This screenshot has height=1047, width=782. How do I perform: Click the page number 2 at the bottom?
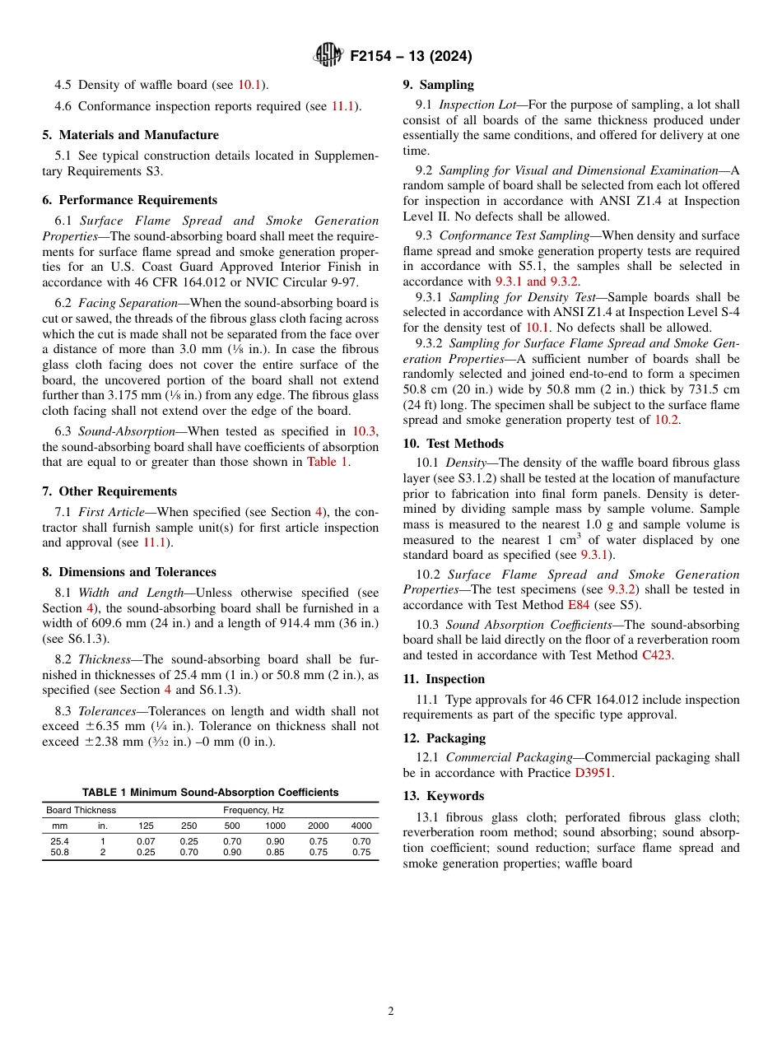click(391, 1012)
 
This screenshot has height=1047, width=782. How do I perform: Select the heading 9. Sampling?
click(438, 85)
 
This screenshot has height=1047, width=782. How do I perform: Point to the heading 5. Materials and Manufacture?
click(130, 135)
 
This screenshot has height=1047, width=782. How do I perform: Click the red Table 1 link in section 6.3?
click(327, 462)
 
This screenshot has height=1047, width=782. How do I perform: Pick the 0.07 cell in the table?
click(145, 841)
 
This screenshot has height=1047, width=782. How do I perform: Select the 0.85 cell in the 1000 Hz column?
click(275, 853)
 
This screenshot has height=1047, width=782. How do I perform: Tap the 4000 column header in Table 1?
click(361, 826)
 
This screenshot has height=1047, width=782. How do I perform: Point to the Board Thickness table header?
click(81, 810)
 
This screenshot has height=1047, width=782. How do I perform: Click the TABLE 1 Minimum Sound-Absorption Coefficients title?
click(210, 792)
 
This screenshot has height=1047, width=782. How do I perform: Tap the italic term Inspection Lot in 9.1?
click(477, 105)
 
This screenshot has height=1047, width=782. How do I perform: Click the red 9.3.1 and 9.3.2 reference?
click(537, 282)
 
